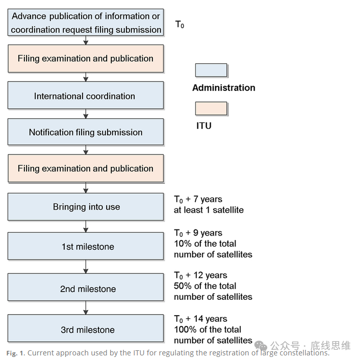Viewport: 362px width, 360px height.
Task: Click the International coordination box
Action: [x=86, y=95]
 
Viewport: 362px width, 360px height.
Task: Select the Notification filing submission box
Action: [x=86, y=132]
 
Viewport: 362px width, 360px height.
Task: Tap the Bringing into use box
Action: [x=86, y=207]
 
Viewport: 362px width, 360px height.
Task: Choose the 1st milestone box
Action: [x=86, y=246]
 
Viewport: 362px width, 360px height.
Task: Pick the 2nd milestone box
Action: [x=86, y=287]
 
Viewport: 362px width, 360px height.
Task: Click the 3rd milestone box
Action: [x=86, y=328]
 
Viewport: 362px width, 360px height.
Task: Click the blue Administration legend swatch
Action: [x=211, y=70]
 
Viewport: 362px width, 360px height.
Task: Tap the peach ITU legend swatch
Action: [x=211, y=108]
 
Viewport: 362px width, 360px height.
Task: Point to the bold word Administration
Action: [x=224, y=88]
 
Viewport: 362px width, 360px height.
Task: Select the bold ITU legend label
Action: [x=204, y=126]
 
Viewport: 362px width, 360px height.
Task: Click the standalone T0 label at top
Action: [x=179, y=24]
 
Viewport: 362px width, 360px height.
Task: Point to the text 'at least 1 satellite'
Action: [x=209, y=210]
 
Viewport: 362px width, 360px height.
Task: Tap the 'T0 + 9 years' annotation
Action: [x=198, y=233]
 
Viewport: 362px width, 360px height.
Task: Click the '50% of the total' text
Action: [x=205, y=286]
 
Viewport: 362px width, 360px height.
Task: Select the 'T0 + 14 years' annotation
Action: [x=200, y=319]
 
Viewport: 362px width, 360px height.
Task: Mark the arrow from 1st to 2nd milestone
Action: [x=86, y=267]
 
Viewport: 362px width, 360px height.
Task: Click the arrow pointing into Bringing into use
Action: [x=86, y=188]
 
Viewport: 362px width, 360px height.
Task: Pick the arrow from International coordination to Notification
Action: [x=86, y=114]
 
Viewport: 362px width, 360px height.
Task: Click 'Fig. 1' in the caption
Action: [x=15, y=353]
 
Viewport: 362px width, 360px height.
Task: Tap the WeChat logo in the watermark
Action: [x=261, y=346]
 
